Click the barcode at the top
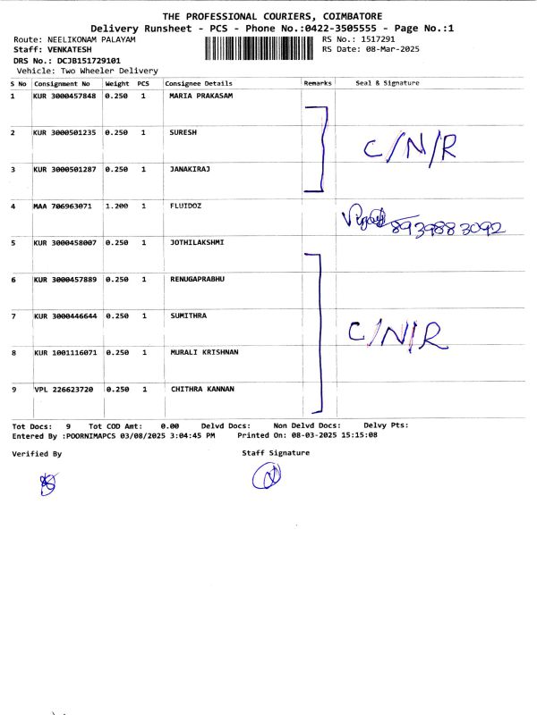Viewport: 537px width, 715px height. click(260, 46)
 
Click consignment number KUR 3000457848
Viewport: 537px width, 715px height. click(64, 96)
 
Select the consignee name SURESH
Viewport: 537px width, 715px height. click(183, 132)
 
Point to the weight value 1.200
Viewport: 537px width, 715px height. click(116, 206)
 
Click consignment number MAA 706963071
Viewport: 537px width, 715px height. click(63, 206)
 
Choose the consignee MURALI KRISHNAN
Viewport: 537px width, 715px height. click(204, 352)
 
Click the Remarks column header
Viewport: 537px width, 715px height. click(318, 83)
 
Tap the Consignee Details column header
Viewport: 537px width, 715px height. click(199, 83)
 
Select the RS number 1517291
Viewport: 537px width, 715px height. click(377, 39)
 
